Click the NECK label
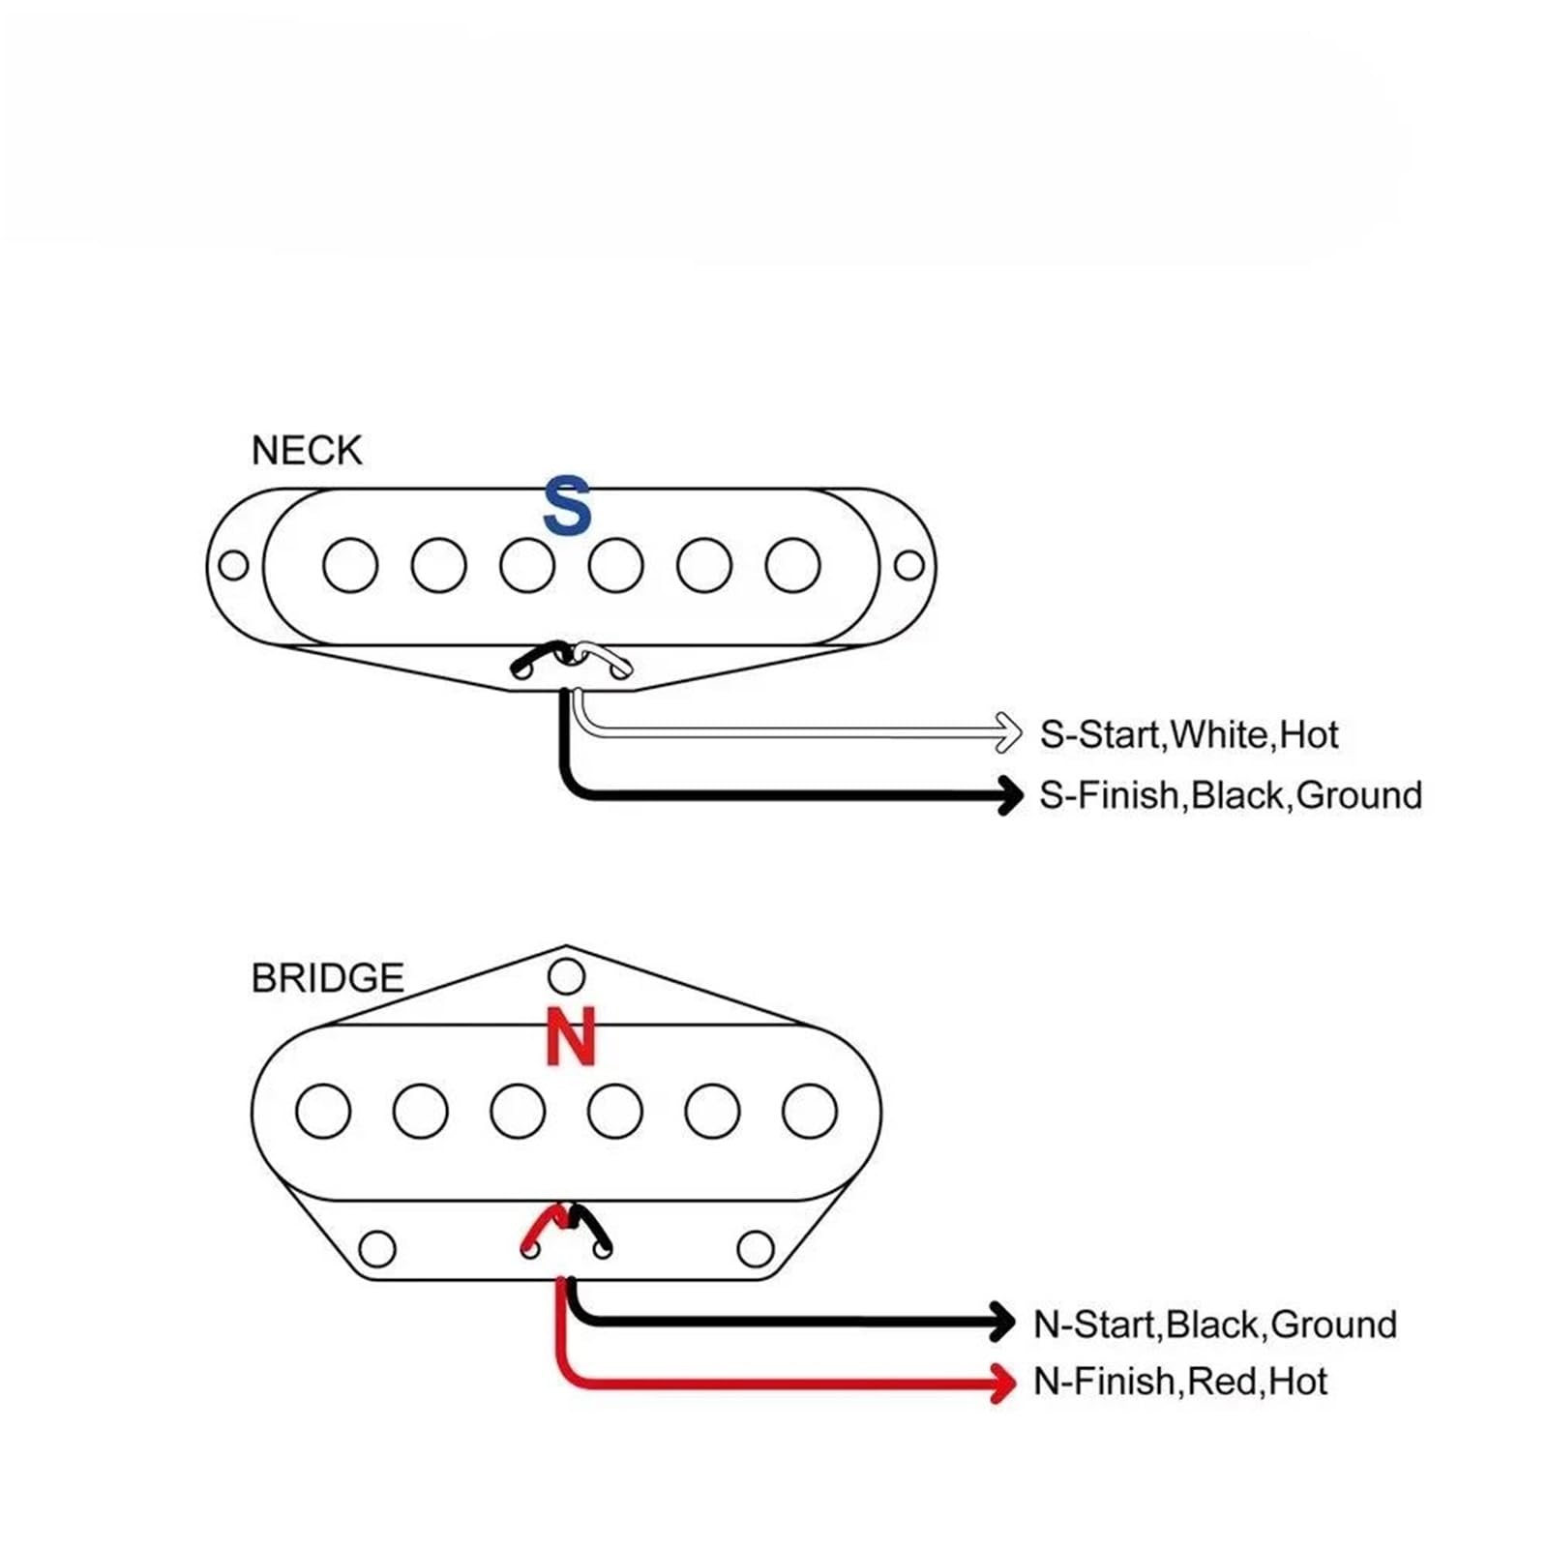306,451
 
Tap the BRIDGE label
327,978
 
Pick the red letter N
570,1036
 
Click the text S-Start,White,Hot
1189,735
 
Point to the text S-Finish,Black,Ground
1231,795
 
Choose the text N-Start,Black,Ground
1215,1325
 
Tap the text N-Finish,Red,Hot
1180,1382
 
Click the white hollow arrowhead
1008,732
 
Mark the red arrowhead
1002,1382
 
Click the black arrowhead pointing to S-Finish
1010,795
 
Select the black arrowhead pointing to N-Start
1002,1322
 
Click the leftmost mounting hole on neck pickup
233,565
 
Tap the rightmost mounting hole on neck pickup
908,565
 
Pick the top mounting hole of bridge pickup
566,976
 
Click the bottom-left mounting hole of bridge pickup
377,1248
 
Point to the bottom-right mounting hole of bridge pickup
756,1248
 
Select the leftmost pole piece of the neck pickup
350,565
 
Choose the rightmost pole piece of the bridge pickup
810,1111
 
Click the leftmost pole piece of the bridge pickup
323,1111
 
